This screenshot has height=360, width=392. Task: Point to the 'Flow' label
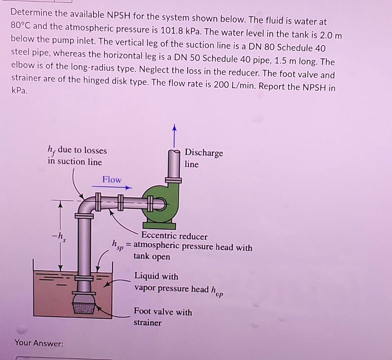112,180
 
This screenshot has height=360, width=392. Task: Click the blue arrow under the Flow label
111,188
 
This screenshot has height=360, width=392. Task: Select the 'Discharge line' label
203,158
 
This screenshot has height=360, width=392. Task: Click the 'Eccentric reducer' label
174,236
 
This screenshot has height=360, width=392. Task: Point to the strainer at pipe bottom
84,308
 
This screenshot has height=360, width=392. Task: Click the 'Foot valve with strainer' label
163,317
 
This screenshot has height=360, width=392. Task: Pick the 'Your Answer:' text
39,343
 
